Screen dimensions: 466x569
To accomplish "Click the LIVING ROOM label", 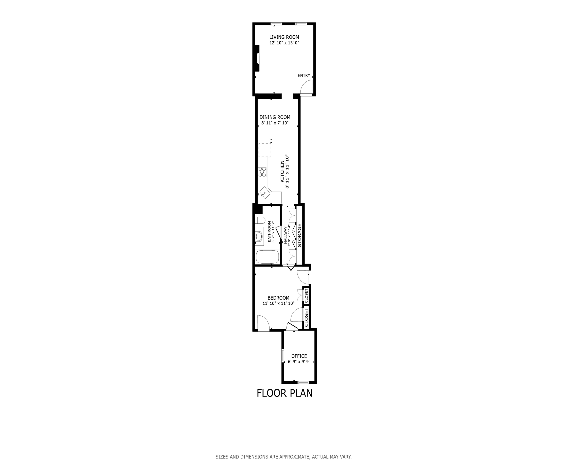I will point(284,37).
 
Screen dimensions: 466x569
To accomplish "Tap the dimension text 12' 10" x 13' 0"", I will point(284,43).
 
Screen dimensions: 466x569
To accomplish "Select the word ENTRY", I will point(304,76).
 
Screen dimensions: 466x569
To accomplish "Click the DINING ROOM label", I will point(275,117).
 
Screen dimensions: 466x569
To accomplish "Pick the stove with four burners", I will point(262,172).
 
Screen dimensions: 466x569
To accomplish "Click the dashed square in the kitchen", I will point(265,150).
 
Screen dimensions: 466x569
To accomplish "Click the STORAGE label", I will point(300,235).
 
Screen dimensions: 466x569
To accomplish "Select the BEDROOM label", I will point(278,298).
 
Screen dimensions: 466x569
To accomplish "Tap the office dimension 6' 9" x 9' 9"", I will point(299,362).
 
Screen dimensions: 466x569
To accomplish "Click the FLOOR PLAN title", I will point(284,393).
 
